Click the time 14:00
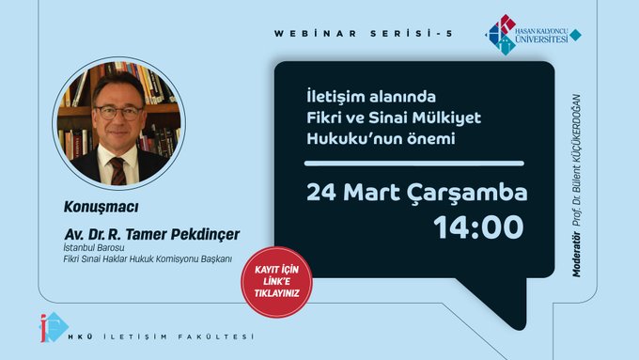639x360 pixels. coord(478,227)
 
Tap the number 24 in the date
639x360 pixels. coord(321,193)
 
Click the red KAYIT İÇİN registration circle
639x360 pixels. coord(276,282)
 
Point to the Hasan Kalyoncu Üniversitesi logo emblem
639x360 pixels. coord(502,35)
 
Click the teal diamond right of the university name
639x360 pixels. coord(575,35)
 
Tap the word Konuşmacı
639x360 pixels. coord(101,207)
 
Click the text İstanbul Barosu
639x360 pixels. coord(94,248)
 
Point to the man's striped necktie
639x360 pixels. coord(118,171)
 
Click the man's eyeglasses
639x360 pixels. coord(118,113)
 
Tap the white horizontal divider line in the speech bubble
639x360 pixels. coord(414,164)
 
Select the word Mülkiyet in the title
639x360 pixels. coord(446,117)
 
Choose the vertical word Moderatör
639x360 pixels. coord(576,255)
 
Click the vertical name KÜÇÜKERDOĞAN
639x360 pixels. coord(576,124)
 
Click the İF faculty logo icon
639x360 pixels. coord(54,327)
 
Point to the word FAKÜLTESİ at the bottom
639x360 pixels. coord(215,337)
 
